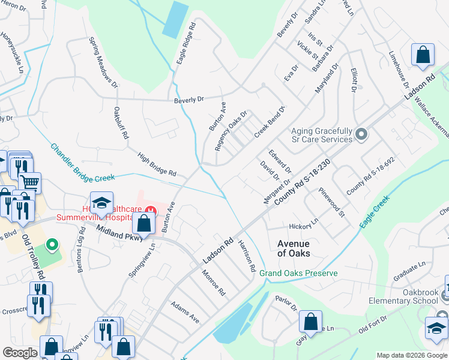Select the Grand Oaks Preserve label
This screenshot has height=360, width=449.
click(x=298, y=274)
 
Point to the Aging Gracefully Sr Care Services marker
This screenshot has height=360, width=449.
click(x=361, y=135)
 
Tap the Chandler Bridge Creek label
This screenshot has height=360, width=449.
click(x=82, y=162)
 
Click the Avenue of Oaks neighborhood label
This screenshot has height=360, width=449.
click(x=293, y=248)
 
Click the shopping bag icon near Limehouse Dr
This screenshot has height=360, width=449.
click(x=423, y=55)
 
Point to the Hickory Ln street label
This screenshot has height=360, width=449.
click(x=303, y=226)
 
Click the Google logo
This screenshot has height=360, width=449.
click(x=20, y=353)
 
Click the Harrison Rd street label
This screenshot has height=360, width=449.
click(x=247, y=254)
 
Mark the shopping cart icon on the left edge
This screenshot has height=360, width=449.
click(x=30, y=182)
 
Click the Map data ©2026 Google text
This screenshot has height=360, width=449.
click(x=411, y=355)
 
